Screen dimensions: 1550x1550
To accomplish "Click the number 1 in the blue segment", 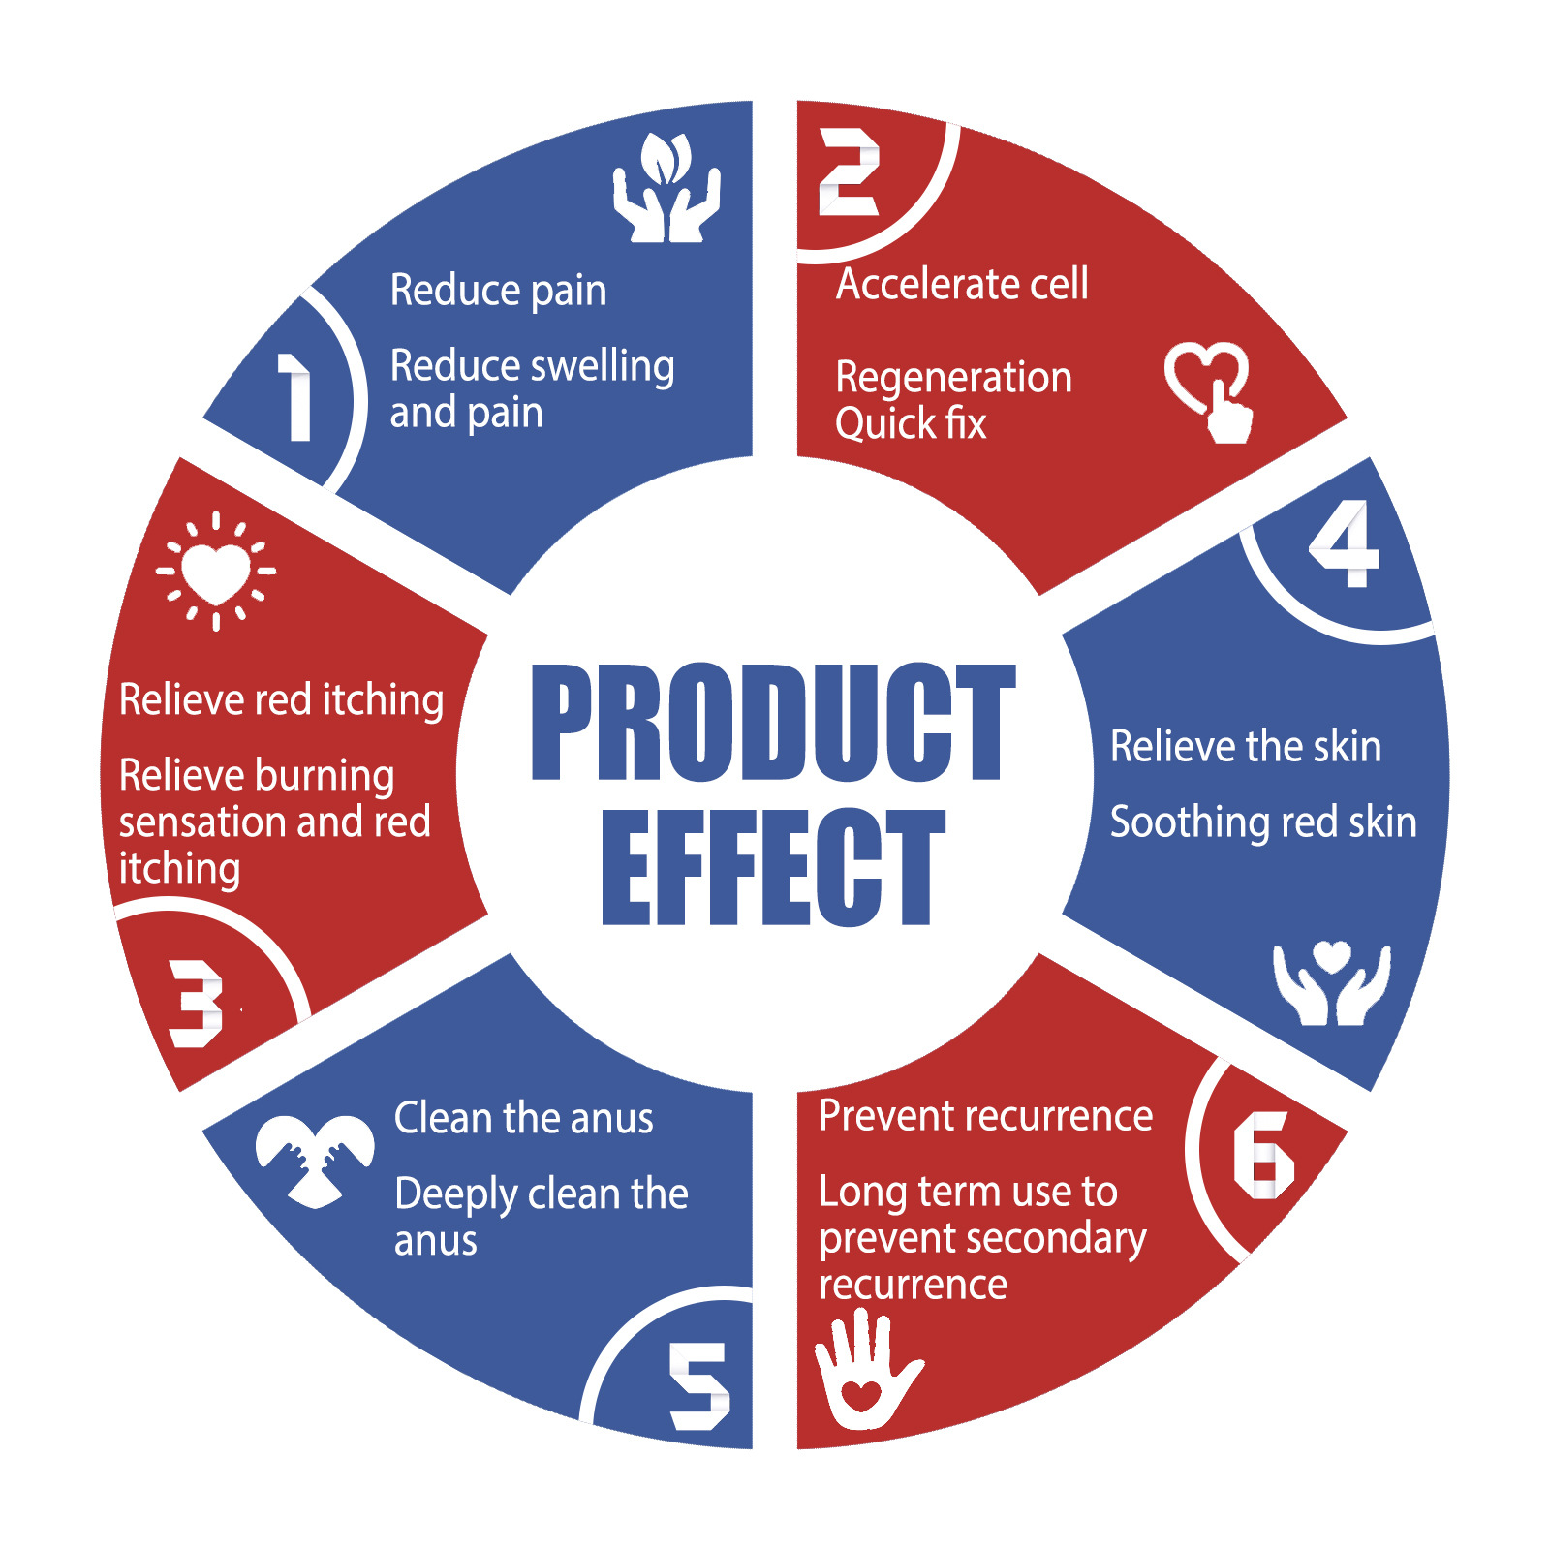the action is click(296, 397).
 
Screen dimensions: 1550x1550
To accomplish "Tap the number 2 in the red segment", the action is click(849, 172).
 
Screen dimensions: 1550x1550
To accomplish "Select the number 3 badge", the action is click(197, 1004).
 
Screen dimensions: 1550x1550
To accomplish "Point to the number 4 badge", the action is click(1345, 543).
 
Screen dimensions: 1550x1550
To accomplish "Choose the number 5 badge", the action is click(699, 1386).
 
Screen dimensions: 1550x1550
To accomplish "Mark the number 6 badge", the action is click(1263, 1155).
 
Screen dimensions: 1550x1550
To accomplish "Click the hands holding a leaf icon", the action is click(666, 188).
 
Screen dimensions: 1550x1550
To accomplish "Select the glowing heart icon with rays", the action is click(216, 572).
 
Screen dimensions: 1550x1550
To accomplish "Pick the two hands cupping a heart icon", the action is click(1332, 983).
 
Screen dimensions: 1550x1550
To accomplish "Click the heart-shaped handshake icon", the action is click(315, 1161).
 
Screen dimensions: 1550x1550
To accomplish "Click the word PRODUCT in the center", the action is click(774, 723).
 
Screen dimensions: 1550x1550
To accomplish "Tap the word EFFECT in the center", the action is click(773, 867).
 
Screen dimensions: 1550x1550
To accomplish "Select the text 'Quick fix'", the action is click(911, 424).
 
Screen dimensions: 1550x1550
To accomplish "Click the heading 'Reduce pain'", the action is click(498, 291).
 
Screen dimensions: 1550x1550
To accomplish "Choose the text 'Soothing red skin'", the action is click(1263, 822).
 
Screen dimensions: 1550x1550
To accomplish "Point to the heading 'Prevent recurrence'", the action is click(986, 1116).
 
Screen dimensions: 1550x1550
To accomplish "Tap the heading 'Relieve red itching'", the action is click(281, 699).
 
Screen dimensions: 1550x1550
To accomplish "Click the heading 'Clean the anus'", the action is click(524, 1118).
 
